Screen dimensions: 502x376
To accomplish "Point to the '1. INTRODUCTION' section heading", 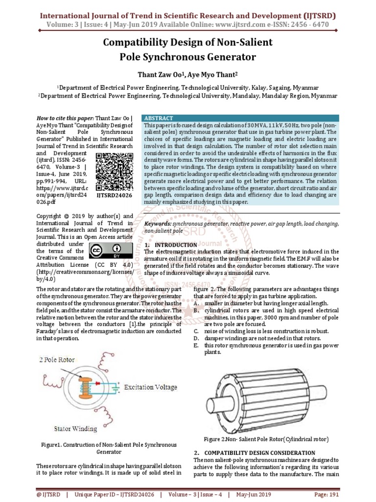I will (170, 245).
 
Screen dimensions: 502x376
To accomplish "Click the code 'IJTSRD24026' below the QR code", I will (115, 196).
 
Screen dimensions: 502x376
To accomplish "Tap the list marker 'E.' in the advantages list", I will (196, 345).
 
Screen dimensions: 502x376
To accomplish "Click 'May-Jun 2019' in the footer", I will (256, 495).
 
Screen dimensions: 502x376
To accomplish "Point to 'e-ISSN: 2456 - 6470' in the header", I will (297, 24).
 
